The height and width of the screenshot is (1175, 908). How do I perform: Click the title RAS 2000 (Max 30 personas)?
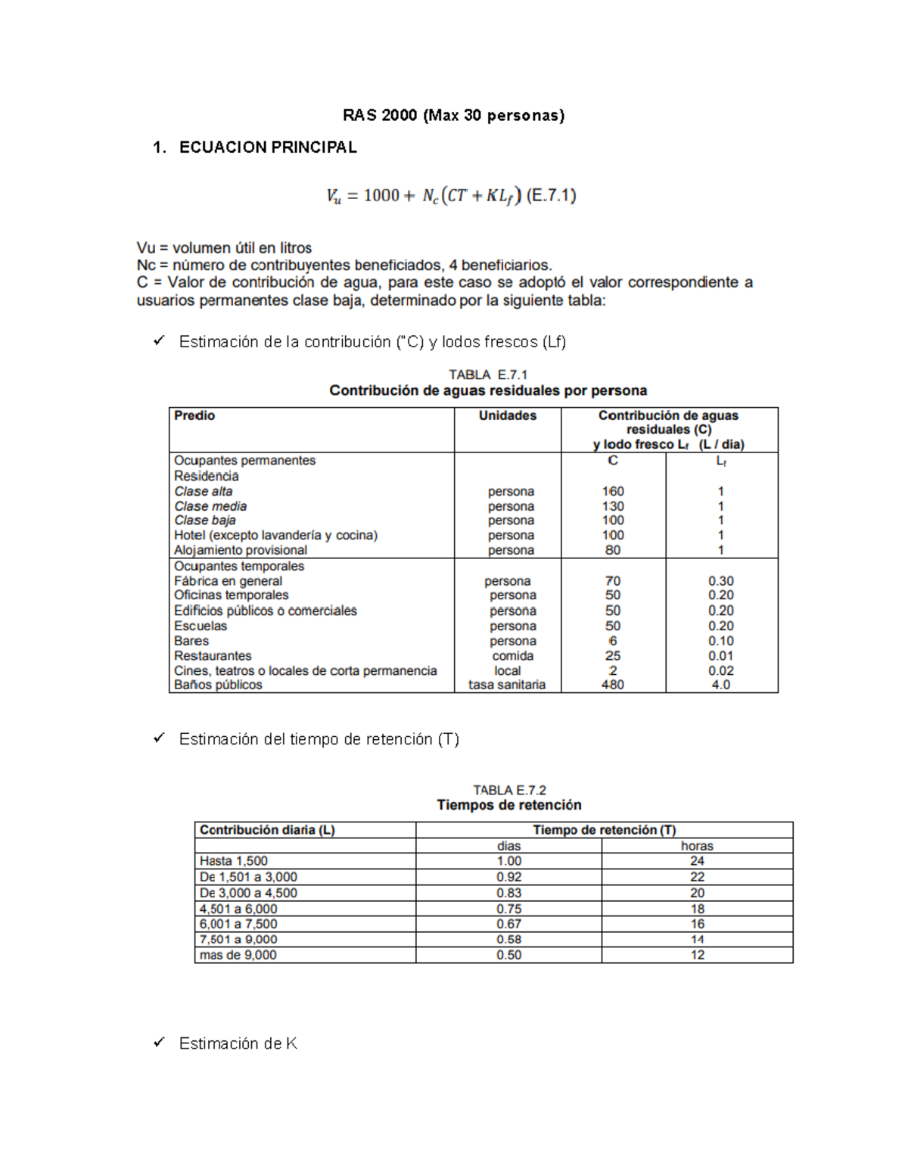tap(453, 115)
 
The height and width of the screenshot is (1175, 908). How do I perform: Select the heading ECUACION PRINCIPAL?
tap(268, 148)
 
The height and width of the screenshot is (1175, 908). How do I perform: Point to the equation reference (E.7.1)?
tap(551, 196)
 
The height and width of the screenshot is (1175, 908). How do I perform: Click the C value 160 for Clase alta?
tap(613, 491)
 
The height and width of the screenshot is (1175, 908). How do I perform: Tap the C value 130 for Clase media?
tap(613, 506)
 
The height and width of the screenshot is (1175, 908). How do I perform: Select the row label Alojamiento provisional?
tap(241, 550)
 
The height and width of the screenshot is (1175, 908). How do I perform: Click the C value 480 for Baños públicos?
tap(613, 685)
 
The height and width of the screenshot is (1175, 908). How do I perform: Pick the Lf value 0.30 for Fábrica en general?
tap(720, 581)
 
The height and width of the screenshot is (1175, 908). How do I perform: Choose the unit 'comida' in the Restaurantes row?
tap(512, 656)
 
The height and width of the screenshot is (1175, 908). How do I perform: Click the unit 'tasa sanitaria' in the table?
tap(507, 685)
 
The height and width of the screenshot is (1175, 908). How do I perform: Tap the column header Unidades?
tap(507, 415)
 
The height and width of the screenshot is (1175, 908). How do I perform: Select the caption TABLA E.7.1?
tap(488, 375)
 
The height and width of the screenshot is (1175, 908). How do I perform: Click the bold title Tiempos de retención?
tap(508, 805)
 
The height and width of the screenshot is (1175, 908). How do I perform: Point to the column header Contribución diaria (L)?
tap(267, 830)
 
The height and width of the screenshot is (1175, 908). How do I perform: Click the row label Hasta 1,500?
tap(234, 861)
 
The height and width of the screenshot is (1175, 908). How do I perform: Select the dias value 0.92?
tap(508, 877)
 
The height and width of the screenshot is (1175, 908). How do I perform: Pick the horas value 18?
tap(697, 909)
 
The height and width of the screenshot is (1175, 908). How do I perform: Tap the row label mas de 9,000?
tap(238, 955)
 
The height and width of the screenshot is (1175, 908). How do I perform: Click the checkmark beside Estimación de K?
tap(159, 1043)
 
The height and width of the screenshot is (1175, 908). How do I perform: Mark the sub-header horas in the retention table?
tap(697, 846)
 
